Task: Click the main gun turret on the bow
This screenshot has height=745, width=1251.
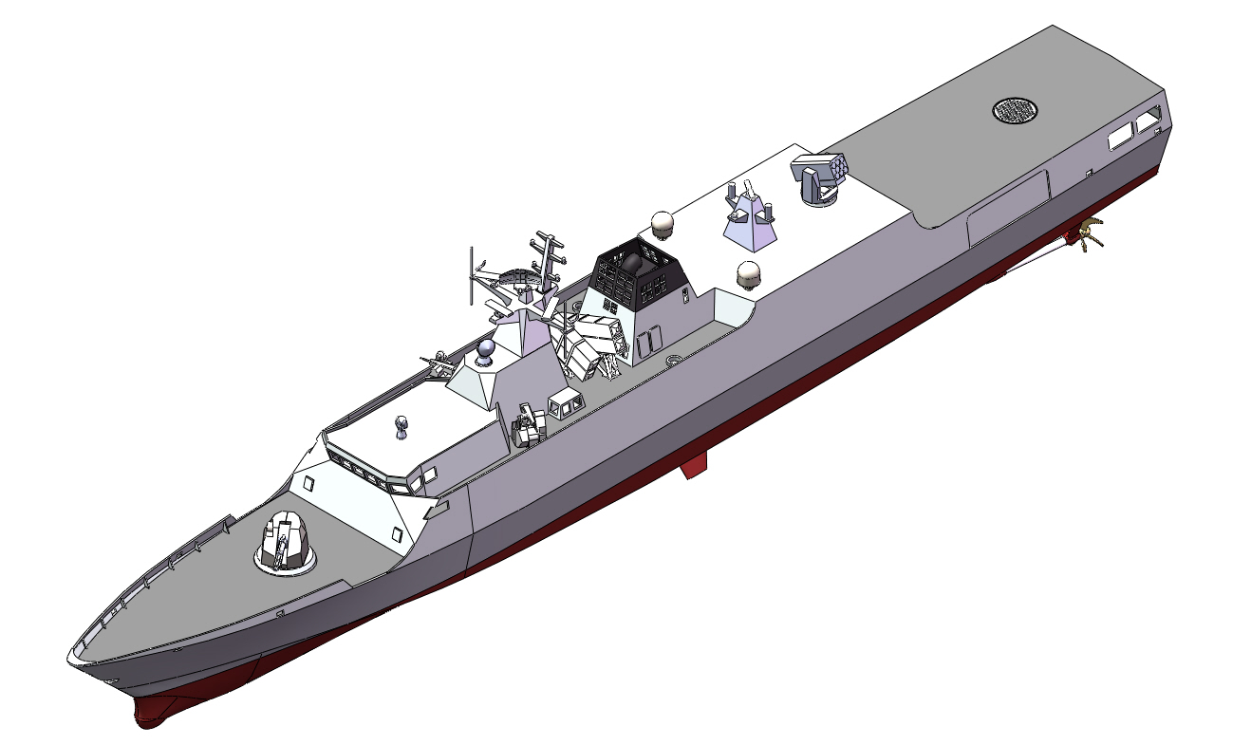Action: (x=288, y=546)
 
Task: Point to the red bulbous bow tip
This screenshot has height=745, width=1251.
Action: (x=152, y=710)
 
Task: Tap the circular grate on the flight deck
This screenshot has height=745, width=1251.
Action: (x=1015, y=110)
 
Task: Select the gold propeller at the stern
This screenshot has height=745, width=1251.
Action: (x=1087, y=232)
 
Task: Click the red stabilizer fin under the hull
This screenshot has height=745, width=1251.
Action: (x=694, y=464)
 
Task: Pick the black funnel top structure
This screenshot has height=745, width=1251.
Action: (x=638, y=270)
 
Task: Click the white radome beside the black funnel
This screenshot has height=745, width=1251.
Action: (x=663, y=225)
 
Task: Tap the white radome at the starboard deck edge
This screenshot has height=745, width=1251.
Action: (x=751, y=275)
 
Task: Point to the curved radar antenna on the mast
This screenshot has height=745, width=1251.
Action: (x=513, y=279)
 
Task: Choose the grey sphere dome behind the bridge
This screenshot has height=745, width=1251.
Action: (x=486, y=352)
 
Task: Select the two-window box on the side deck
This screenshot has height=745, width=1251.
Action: (x=565, y=406)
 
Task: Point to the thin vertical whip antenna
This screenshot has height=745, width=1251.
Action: (x=470, y=276)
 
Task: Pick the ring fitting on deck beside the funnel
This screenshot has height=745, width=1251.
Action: (x=675, y=360)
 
